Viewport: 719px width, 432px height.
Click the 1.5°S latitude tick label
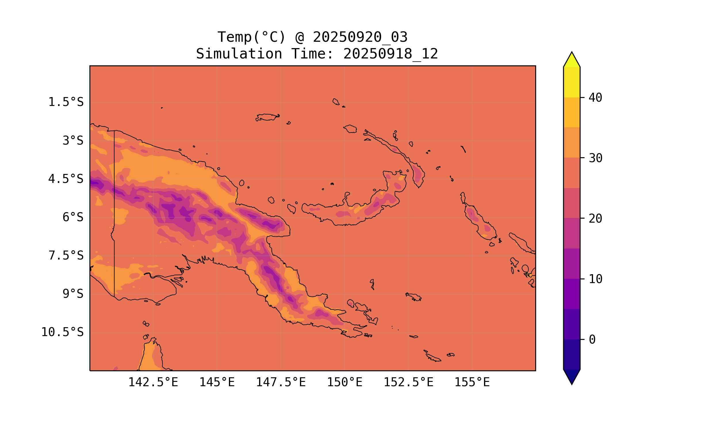pyautogui.click(x=66, y=102)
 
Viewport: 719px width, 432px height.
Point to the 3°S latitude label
pyautogui.click(x=73, y=141)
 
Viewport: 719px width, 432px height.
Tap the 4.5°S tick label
pyautogui.click(x=66, y=179)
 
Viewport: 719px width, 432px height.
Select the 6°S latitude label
pyautogui.click(x=73, y=217)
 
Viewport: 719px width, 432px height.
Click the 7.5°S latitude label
pyautogui.click(x=66, y=255)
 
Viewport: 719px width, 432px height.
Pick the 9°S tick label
pyautogui.click(x=73, y=294)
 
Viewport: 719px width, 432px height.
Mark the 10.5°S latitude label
pyautogui.click(x=62, y=332)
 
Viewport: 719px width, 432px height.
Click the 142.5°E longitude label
pyautogui.click(x=153, y=382)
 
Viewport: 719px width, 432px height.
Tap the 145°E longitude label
pyautogui.click(x=217, y=382)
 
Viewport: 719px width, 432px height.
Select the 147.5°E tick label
pyautogui.click(x=281, y=382)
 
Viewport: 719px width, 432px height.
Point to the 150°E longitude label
pyautogui.click(x=345, y=382)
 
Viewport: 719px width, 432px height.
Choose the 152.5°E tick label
pyautogui.click(x=408, y=382)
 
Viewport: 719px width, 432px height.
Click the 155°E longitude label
pyautogui.click(x=472, y=382)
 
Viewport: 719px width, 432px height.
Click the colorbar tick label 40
pyautogui.click(x=595, y=98)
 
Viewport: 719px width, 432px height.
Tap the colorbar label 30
pyautogui.click(x=595, y=158)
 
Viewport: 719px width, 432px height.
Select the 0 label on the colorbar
pyautogui.click(x=592, y=340)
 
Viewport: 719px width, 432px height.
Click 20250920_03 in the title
pyautogui.click(x=360, y=37)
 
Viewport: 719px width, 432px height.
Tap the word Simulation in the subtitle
pyautogui.click(x=239, y=54)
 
